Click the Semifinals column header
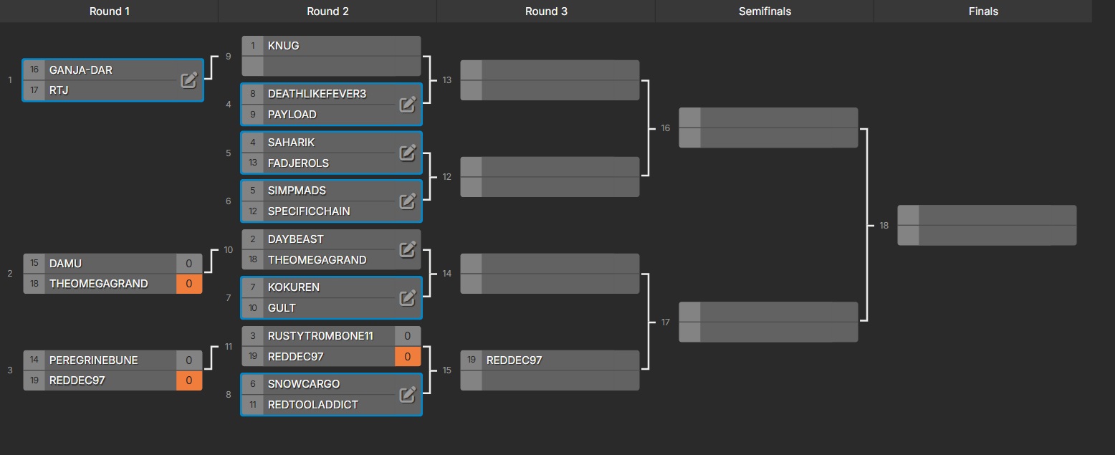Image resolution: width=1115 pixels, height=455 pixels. pyautogui.click(x=765, y=11)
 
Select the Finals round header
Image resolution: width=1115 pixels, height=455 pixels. pyautogui.click(x=982, y=11)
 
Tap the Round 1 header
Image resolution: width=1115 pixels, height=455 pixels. pyautogui.click(x=110, y=11)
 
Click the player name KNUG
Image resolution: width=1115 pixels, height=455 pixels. pyautogui.click(x=283, y=46)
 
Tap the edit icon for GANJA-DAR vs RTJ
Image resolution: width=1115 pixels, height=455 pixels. pyautogui.click(x=188, y=80)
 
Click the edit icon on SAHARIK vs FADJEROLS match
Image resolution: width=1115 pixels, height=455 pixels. pyautogui.click(x=407, y=153)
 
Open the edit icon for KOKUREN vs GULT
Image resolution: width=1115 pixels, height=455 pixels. pyautogui.click(x=407, y=297)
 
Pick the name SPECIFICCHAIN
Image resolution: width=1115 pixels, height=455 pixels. pyautogui.click(x=309, y=211)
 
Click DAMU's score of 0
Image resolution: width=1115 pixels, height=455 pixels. pyautogui.click(x=189, y=264)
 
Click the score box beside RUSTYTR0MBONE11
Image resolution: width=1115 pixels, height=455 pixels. pyautogui.click(x=407, y=336)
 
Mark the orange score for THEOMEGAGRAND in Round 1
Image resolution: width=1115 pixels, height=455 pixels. pyautogui.click(x=189, y=284)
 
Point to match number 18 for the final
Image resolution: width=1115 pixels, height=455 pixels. pyautogui.click(x=884, y=226)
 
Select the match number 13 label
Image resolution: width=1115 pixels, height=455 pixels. pyautogui.click(x=447, y=80)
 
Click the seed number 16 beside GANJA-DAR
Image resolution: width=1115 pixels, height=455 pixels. pyautogui.click(x=34, y=70)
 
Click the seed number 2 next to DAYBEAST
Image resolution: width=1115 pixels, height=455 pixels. pyautogui.click(x=253, y=239)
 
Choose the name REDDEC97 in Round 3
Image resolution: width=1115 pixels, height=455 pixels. pyautogui.click(x=514, y=360)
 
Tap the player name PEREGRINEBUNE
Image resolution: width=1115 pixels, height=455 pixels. pyautogui.click(x=93, y=360)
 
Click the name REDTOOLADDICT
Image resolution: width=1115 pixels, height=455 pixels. pyautogui.click(x=312, y=405)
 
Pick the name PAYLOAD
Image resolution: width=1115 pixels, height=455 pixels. pyautogui.click(x=292, y=115)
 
